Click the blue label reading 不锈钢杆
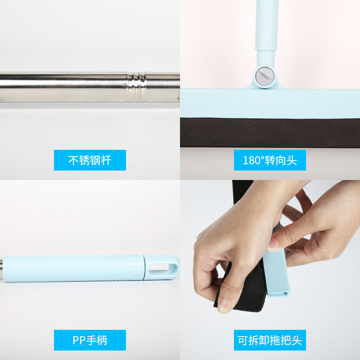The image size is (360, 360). [x=90, y=160]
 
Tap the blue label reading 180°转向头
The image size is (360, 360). [x=270, y=160]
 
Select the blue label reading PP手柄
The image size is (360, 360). [x=90, y=340]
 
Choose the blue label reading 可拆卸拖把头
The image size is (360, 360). [x=270, y=340]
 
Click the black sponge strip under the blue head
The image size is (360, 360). [x=270, y=132]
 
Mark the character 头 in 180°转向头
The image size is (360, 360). [x=292, y=160]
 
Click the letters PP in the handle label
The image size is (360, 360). [x=79, y=340]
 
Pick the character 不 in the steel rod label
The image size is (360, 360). [x=73, y=160]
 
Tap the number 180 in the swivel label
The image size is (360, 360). [x=251, y=161]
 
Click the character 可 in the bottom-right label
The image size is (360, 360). [x=243, y=340]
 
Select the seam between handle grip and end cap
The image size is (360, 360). [x=144, y=267]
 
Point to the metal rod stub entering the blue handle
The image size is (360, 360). [x=1, y=269]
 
